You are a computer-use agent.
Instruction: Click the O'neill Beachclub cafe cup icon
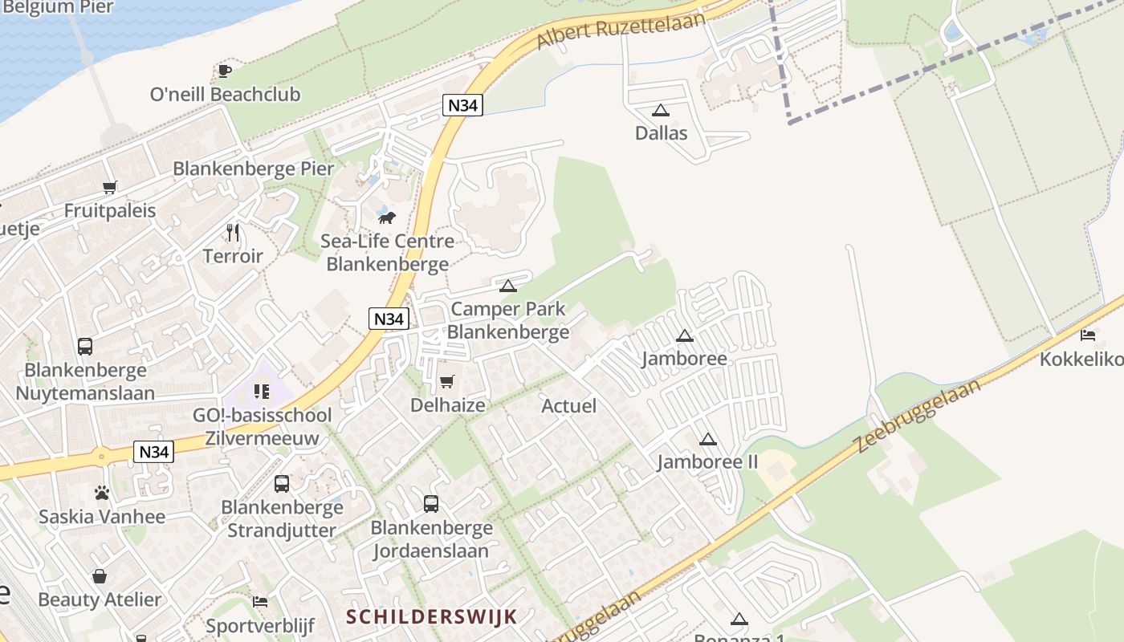[225, 71]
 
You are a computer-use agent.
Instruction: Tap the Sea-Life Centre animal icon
[387, 217]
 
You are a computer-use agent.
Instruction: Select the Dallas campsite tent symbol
[661, 110]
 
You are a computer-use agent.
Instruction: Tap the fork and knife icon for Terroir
[233, 233]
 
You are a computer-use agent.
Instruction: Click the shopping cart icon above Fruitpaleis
[109, 188]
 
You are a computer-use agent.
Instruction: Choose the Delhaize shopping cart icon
[447, 381]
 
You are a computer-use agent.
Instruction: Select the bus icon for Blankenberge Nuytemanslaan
[85, 347]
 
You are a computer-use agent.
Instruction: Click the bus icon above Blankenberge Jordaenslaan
[431, 504]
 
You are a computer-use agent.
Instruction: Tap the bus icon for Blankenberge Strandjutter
[282, 484]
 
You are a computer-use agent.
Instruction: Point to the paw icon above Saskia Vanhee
[102, 493]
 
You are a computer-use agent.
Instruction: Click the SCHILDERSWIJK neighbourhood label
[431, 616]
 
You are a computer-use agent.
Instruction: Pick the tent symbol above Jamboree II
[707, 439]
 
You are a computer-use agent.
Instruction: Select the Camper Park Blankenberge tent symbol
[507, 285]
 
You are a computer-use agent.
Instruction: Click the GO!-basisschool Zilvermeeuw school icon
[262, 392]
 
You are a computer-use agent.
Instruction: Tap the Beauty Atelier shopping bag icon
[100, 576]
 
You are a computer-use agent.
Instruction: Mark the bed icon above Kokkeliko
[1088, 335]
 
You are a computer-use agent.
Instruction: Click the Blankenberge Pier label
[253, 169]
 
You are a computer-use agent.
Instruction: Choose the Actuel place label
[568, 405]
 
